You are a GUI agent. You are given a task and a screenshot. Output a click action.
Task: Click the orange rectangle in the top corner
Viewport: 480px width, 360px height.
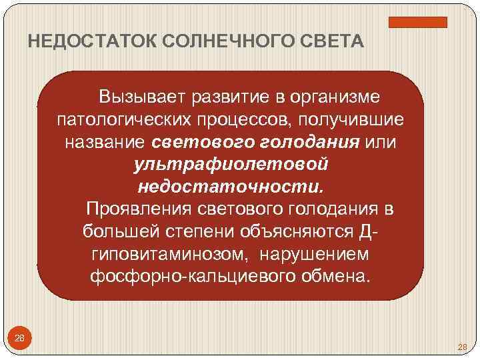click(x=427, y=22)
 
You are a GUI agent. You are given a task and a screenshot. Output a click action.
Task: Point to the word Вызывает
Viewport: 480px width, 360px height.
click(x=141, y=97)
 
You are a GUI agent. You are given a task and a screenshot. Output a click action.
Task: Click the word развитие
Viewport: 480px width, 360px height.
click(x=229, y=97)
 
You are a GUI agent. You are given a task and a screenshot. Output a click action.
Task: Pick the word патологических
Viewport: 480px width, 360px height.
click(x=131, y=120)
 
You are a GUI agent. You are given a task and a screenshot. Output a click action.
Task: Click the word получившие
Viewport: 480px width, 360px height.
click(x=357, y=120)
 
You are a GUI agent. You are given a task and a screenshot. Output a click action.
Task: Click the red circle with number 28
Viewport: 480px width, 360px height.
click(x=20, y=339)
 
